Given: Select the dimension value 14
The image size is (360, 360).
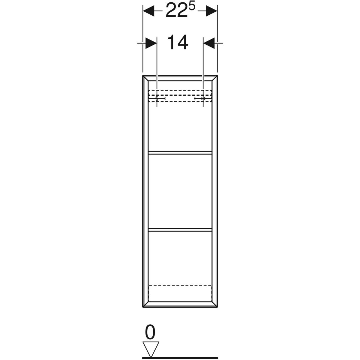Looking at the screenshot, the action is [178, 43].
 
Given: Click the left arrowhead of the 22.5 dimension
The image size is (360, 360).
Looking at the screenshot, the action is [149, 11].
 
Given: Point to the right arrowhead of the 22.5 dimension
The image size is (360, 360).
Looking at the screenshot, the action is [211, 11].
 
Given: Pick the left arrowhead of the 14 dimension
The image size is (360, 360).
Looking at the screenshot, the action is [151, 43].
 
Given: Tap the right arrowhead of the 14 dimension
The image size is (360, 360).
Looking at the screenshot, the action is [209, 43].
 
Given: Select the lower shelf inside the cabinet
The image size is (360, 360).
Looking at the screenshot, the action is [180, 230].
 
